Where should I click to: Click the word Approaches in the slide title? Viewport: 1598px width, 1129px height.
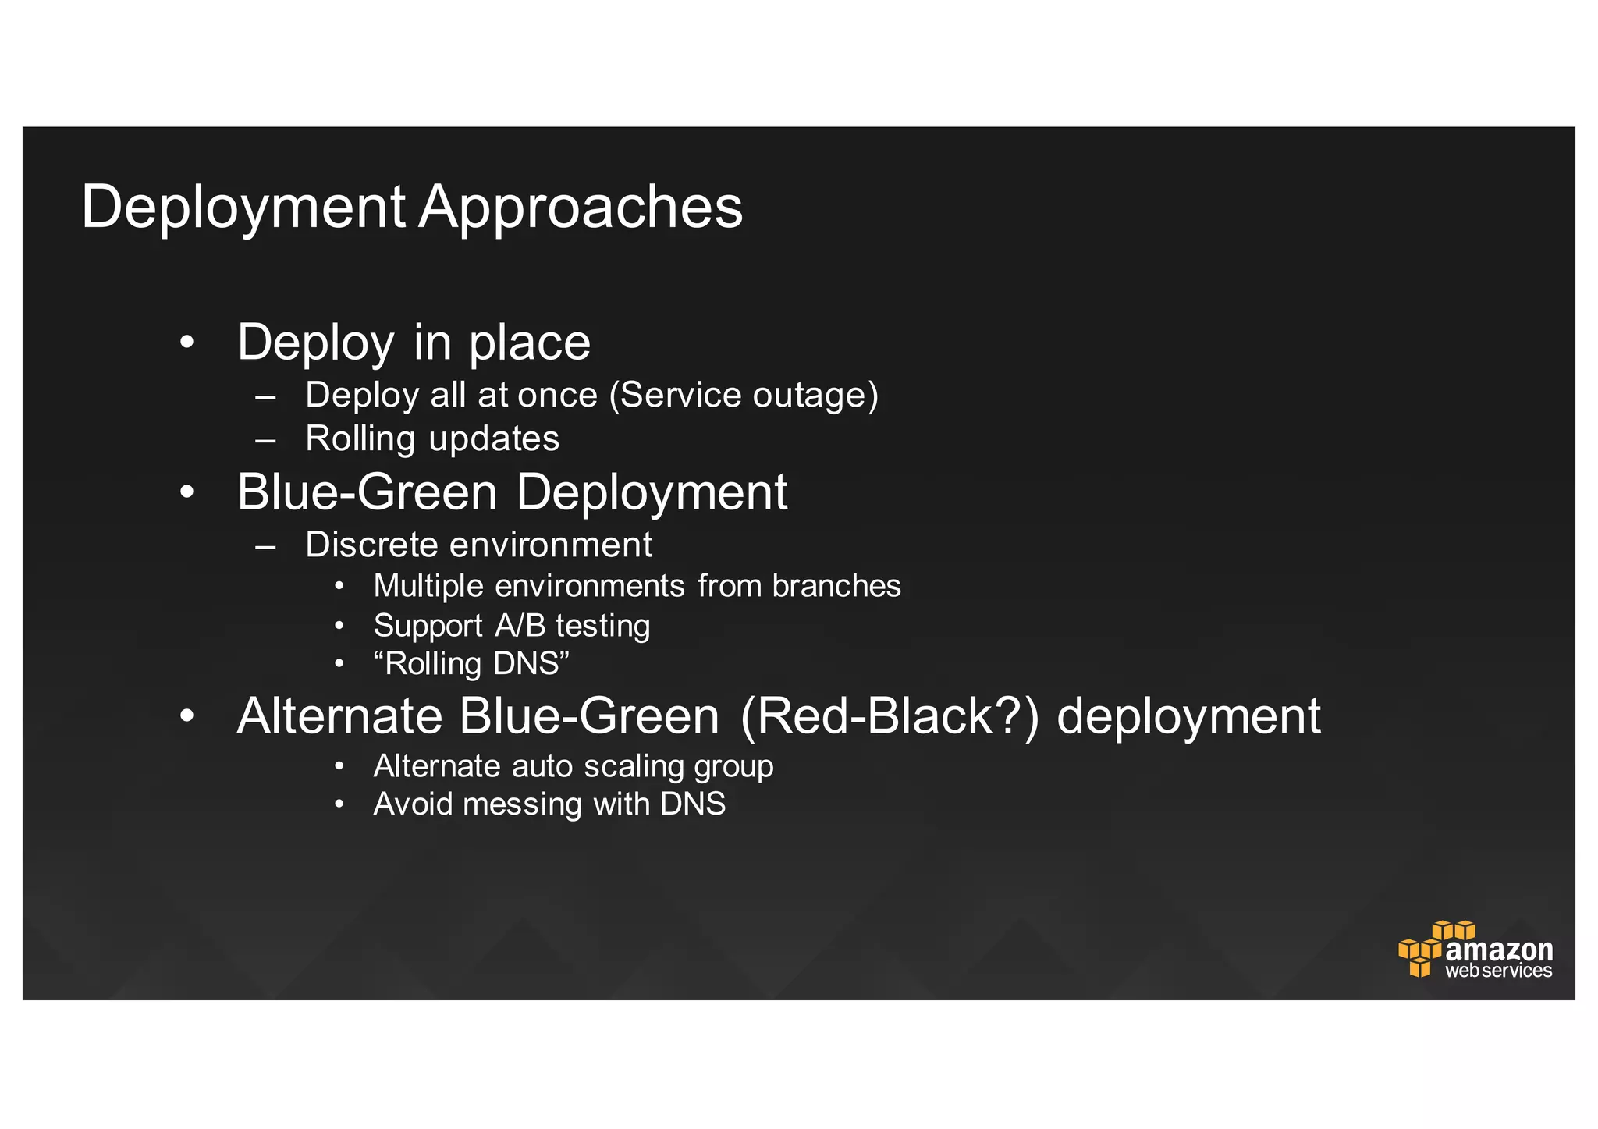pyautogui.click(x=581, y=208)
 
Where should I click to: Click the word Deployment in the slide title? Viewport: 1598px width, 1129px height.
pyautogui.click(x=243, y=208)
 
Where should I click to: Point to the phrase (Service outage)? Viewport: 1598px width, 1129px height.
pyautogui.click(x=744, y=395)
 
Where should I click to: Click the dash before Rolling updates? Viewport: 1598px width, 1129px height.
pyautogui.click(x=265, y=439)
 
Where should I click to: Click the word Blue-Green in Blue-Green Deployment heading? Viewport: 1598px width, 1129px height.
pyautogui.click(x=367, y=492)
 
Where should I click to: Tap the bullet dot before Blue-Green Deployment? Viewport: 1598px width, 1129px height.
pyautogui.click(x=186, y=492)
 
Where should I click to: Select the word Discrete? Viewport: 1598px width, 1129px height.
pyautogui.click(x=371, y=545)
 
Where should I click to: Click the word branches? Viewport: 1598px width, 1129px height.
pyautogui.click(x=836, y=586)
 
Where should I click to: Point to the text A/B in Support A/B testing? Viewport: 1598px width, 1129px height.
pyautogui.click(x=520, y=626)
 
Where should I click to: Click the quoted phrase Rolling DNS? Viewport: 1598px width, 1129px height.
pyautogui.click(x=471, y=664)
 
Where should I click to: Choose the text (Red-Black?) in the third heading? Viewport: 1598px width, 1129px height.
pyautogui.click(x=890, y=716)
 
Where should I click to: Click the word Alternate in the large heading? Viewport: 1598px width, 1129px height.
pyautogui.click(x=339, y=716)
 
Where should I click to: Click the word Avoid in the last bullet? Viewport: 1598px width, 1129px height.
pyautogui.click(x=413, y=804)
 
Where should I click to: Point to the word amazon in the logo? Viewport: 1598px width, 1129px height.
pyautogui.click(x=1499, y=950)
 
